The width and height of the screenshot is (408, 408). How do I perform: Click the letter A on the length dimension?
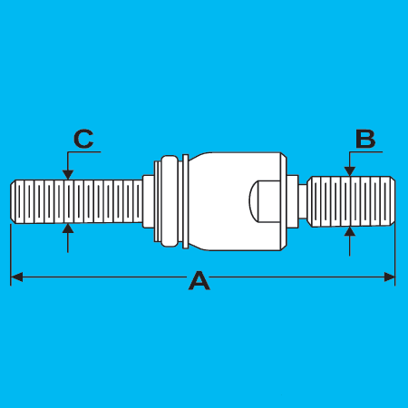[x=199, y=281]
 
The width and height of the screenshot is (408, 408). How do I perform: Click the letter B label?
[x=365, y=139]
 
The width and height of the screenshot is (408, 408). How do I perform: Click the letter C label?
[x=83, y=139]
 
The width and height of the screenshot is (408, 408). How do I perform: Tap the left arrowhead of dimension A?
[x=16, y=277]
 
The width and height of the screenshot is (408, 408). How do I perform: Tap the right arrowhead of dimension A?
[x=389, y=277]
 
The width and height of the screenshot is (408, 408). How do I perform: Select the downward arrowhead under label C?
[x=68, y=175]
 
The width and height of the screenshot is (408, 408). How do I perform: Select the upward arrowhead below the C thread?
[x=68, y=228]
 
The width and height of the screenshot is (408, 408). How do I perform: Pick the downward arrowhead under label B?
[x=350, y=171]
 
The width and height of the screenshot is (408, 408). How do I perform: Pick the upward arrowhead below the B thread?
[x=350, y=231]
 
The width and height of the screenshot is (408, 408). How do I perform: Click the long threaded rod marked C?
[x=76, y=201]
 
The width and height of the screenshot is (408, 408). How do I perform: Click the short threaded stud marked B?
[x=351, y=201]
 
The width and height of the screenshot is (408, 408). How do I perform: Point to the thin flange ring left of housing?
[x=186, y=201]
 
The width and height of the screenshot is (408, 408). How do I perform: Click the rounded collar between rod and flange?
[x=169, y=201]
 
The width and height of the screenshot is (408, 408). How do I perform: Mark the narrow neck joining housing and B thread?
[x=303, y=201]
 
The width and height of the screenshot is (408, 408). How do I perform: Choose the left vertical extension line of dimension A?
[x=11, y=255]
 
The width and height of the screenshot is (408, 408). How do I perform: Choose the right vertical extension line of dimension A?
[x=395, y=255]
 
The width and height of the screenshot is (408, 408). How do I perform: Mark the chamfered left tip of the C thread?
[x=13, y=201]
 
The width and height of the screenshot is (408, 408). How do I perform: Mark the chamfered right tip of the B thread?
[x=393, y=201]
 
